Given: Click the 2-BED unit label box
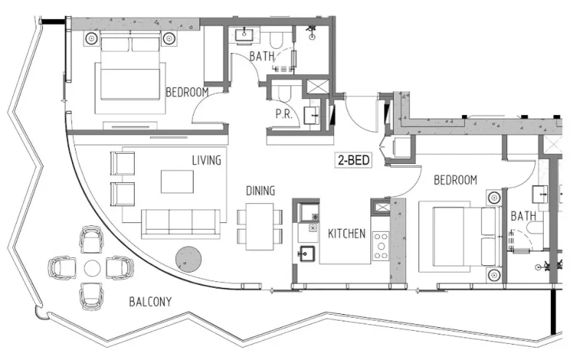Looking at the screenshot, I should click(x=353, y=161).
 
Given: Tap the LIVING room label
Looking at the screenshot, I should click(x=207, y=160).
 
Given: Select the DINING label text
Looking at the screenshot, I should click(x=260, y=191).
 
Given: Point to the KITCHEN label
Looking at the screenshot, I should click(x=347, y=235).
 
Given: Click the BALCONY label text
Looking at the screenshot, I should click(x=150, y=301).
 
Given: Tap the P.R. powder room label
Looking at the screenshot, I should click(x=283, y=114).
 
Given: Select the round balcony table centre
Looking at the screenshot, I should click(x=92, y=267).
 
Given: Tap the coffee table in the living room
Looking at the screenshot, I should click(x=177, y=181).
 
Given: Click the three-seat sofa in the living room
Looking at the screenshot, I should click(x=181, y=222).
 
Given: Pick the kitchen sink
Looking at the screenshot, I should click(x=305, y=254).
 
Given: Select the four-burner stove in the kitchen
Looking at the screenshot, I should click(x=380, y=246).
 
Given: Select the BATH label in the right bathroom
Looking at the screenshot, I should click(x=523, y=216).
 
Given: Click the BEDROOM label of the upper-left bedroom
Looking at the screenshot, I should click(x=187, y=93).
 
